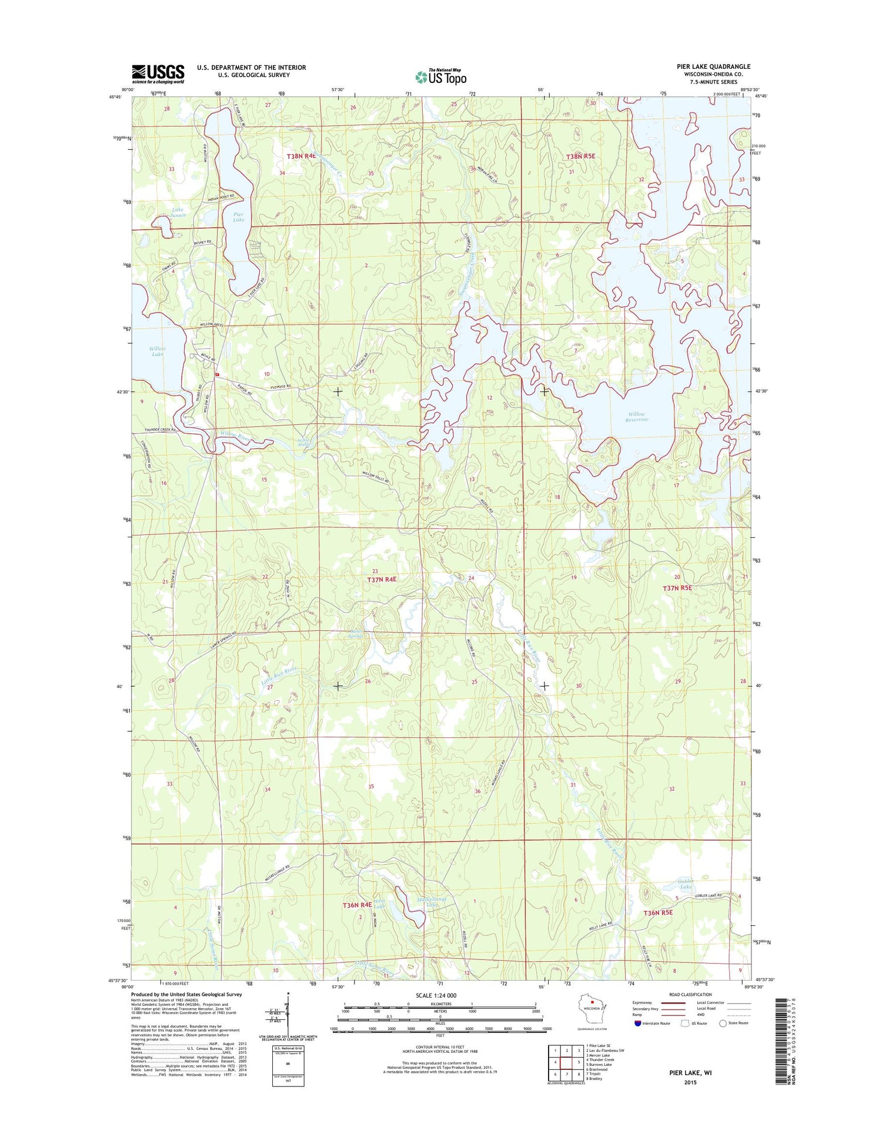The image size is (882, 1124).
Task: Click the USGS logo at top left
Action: click(158, 74)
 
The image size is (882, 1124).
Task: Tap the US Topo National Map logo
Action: click(441, 76)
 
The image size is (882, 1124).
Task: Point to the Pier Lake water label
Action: click(238, 217)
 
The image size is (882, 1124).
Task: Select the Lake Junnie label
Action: click(178, 212)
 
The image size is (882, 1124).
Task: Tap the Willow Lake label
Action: click(157, 352)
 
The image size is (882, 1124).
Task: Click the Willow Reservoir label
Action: click(636, 417)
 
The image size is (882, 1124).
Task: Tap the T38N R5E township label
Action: click(580, 156)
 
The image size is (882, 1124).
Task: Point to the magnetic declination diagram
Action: click(288, 1017)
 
